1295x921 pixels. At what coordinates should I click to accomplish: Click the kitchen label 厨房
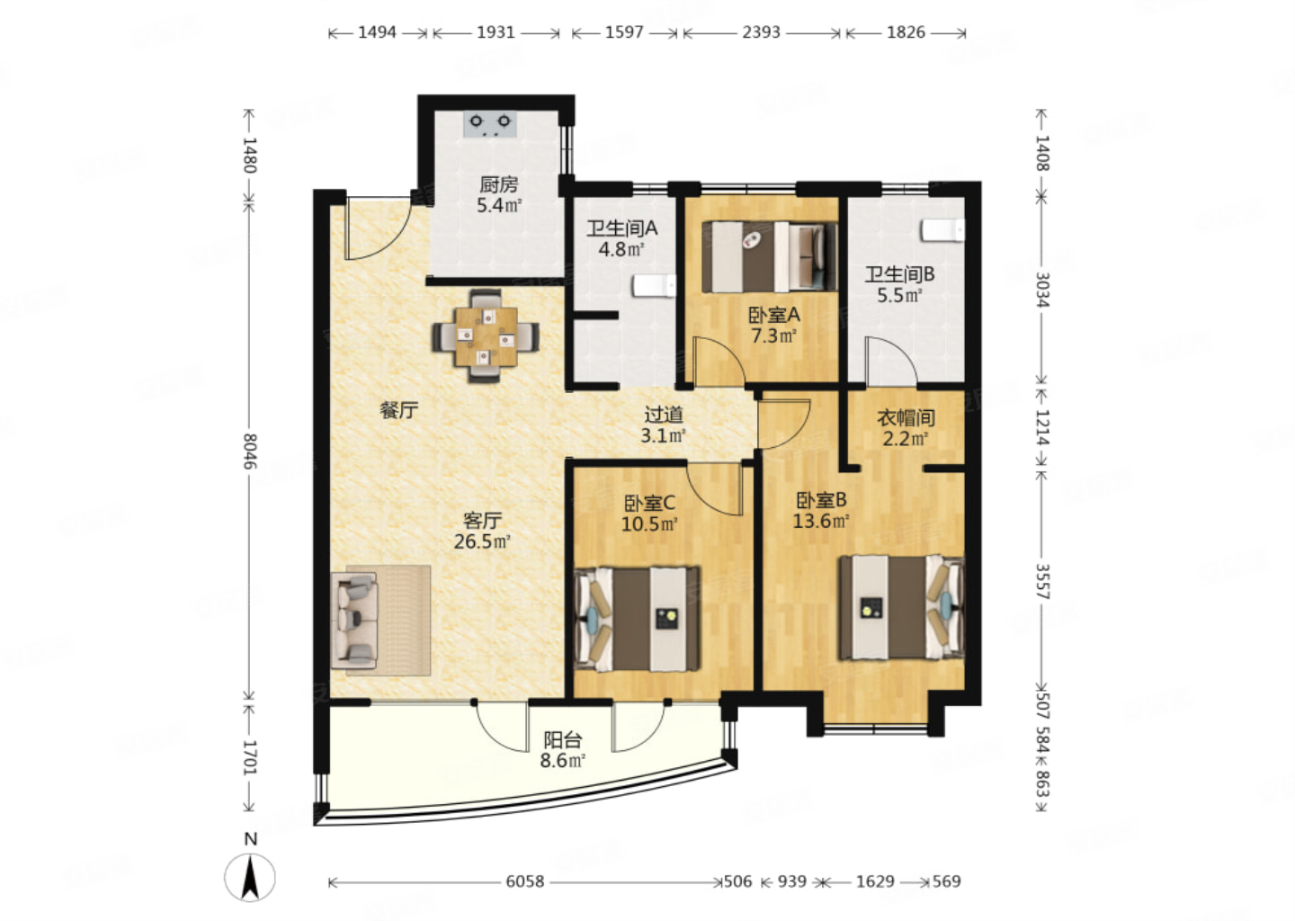[498, 184]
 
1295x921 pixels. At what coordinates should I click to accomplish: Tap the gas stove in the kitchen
[489, 124]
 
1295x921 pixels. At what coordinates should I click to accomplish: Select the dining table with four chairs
[486, 336]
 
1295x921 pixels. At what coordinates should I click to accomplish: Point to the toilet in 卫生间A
[654, 286]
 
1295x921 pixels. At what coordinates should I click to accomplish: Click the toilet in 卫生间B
[942, 229]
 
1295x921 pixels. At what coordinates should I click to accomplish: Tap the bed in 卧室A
[770, 256]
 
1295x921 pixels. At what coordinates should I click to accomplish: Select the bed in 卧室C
[637, 619]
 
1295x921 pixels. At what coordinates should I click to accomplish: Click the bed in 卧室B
[901, 608]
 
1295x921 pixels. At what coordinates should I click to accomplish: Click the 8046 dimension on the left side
[250, 451]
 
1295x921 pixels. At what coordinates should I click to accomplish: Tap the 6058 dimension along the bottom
[525, 881]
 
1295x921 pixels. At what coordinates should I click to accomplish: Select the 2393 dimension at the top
[761, 32]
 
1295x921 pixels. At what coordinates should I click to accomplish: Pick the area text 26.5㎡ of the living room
[482, 541]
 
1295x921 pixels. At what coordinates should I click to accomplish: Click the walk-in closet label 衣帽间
[906, 417]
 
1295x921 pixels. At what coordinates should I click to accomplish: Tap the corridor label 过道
[664, 414]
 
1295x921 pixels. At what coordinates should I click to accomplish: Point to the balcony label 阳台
[563, 739]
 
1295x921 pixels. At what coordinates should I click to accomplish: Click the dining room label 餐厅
[399, 410]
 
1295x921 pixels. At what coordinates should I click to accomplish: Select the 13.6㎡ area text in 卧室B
[820, 521]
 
